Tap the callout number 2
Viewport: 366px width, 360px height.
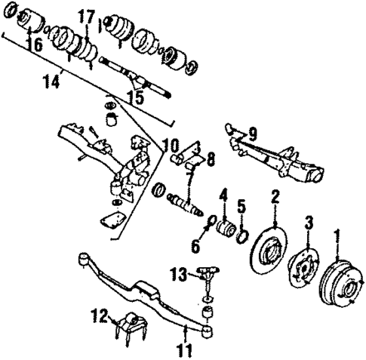click(275, 197)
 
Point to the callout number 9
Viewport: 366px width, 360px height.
click(253, 133)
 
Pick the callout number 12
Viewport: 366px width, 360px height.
click(98, 315)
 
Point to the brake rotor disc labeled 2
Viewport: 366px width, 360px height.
click(272, 249)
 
